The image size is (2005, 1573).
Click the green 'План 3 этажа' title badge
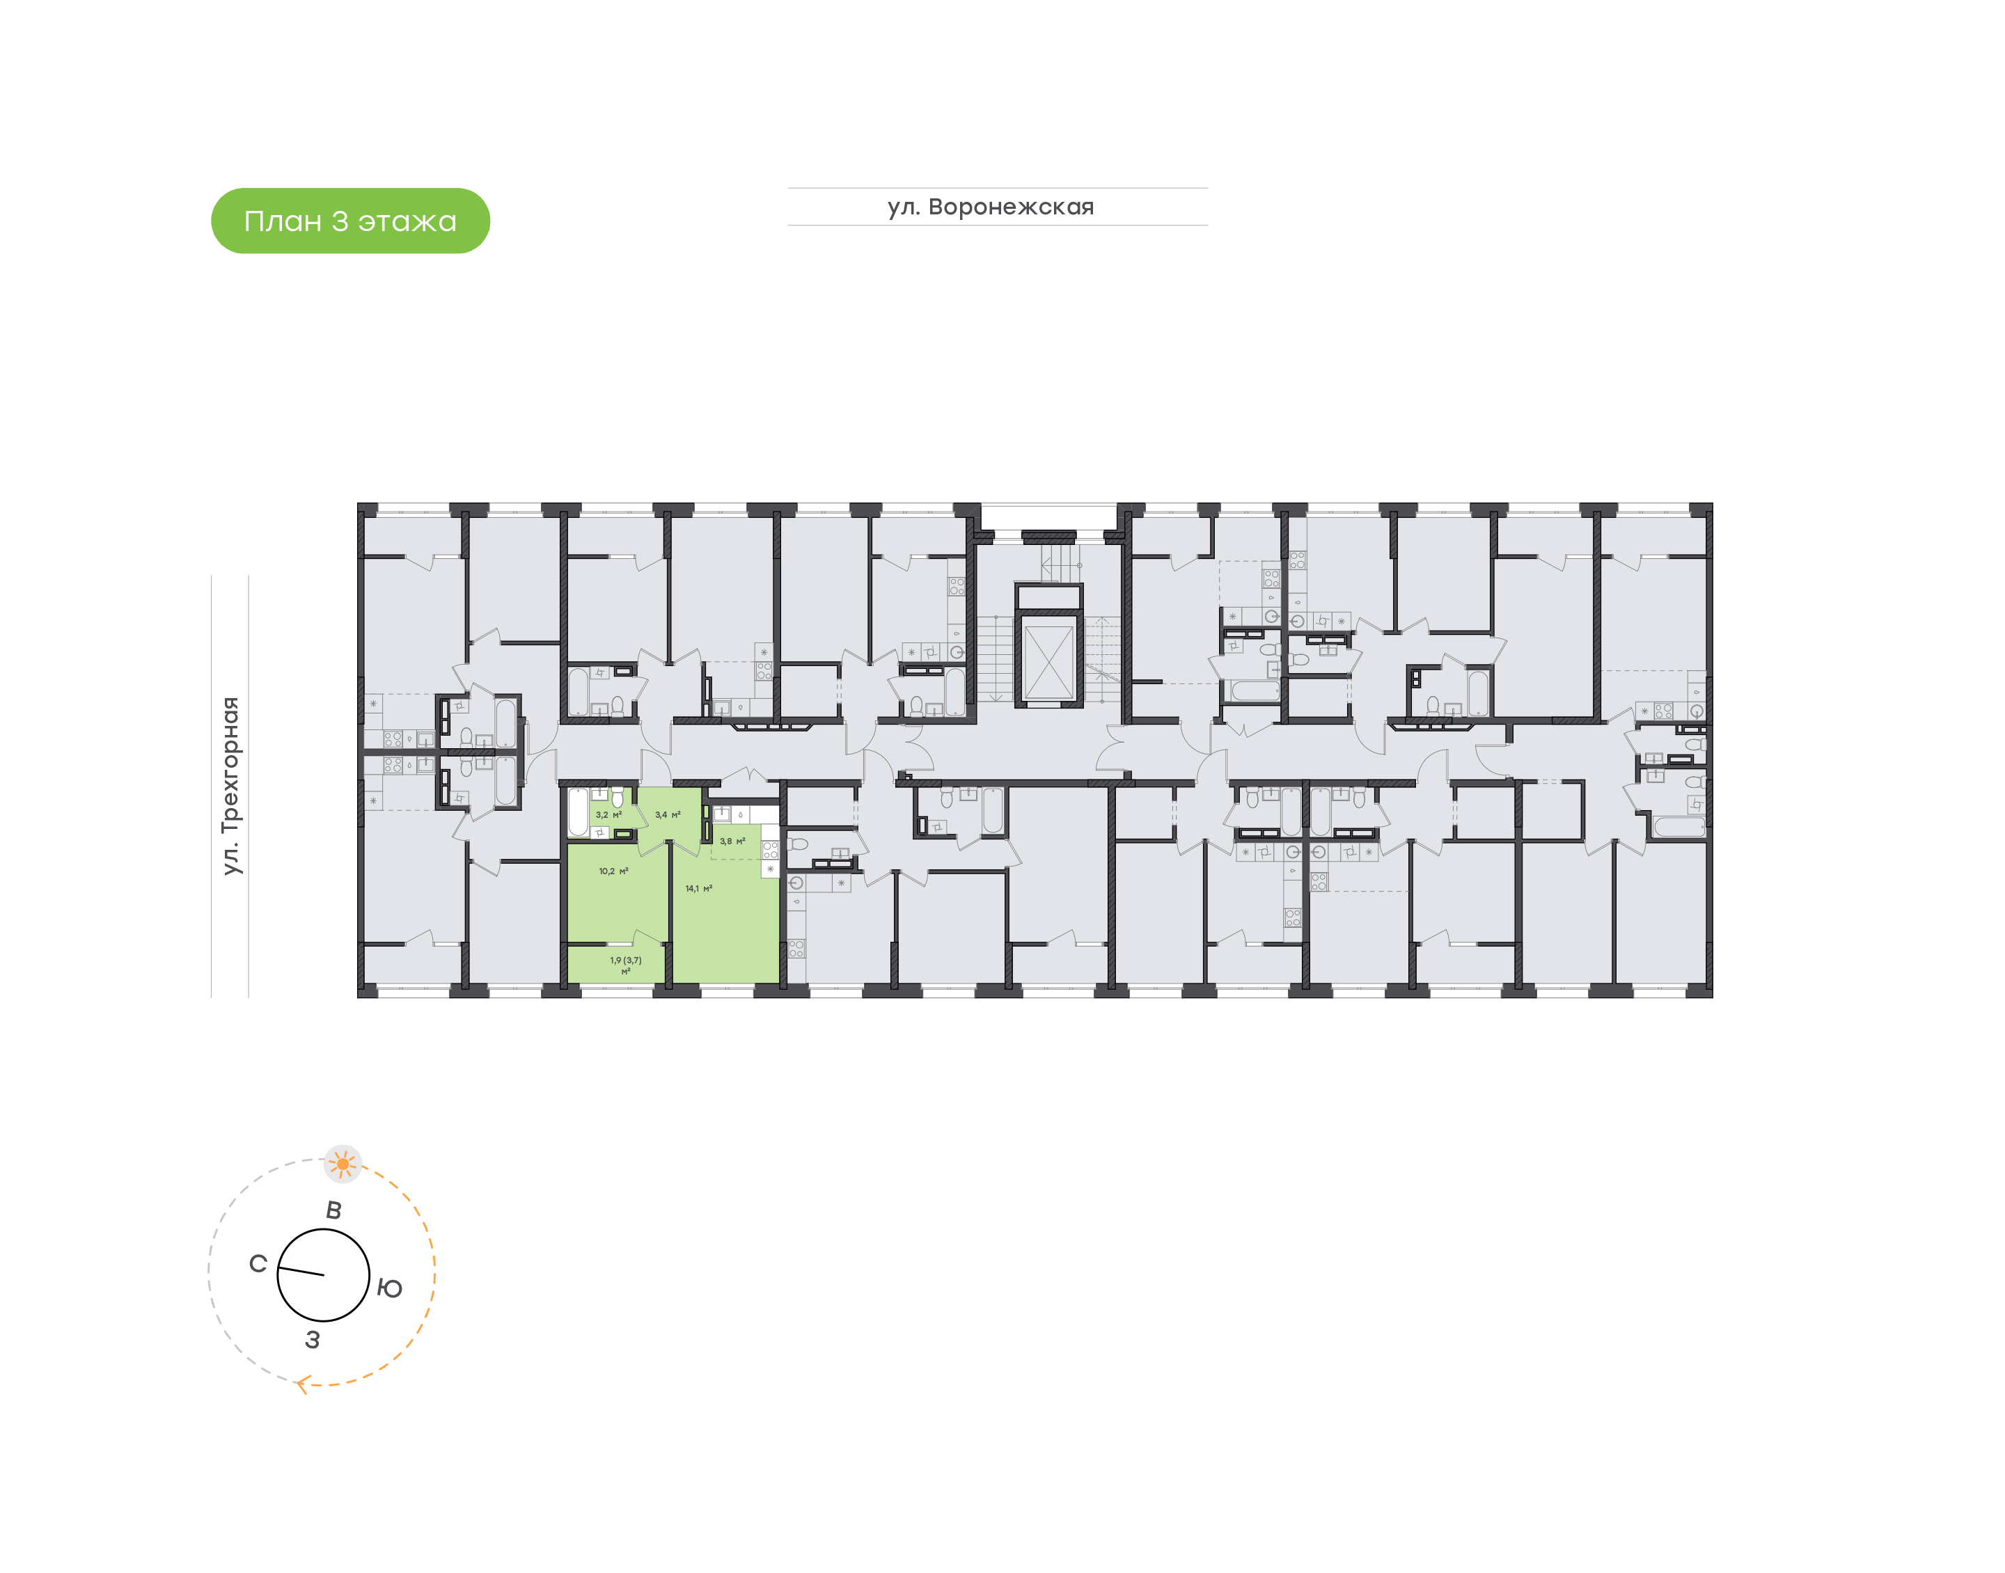(350, 221)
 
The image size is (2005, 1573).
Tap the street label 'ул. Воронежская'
(991, 207)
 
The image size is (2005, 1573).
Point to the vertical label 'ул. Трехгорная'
(230, 786)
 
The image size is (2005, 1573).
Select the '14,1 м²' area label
(698, 889)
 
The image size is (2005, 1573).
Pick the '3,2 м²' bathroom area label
(608, 815)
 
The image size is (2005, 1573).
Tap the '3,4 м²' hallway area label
(668, 815)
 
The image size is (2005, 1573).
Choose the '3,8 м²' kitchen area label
(732, 841)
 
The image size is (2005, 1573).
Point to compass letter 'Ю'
(390, 1288)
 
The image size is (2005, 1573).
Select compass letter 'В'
(333, 1210)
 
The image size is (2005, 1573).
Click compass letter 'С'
(258, 1263)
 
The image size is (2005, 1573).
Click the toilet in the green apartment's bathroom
(617, 798)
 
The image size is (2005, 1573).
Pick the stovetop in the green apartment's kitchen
(770, 850)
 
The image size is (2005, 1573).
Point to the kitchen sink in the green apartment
(722, 814)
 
